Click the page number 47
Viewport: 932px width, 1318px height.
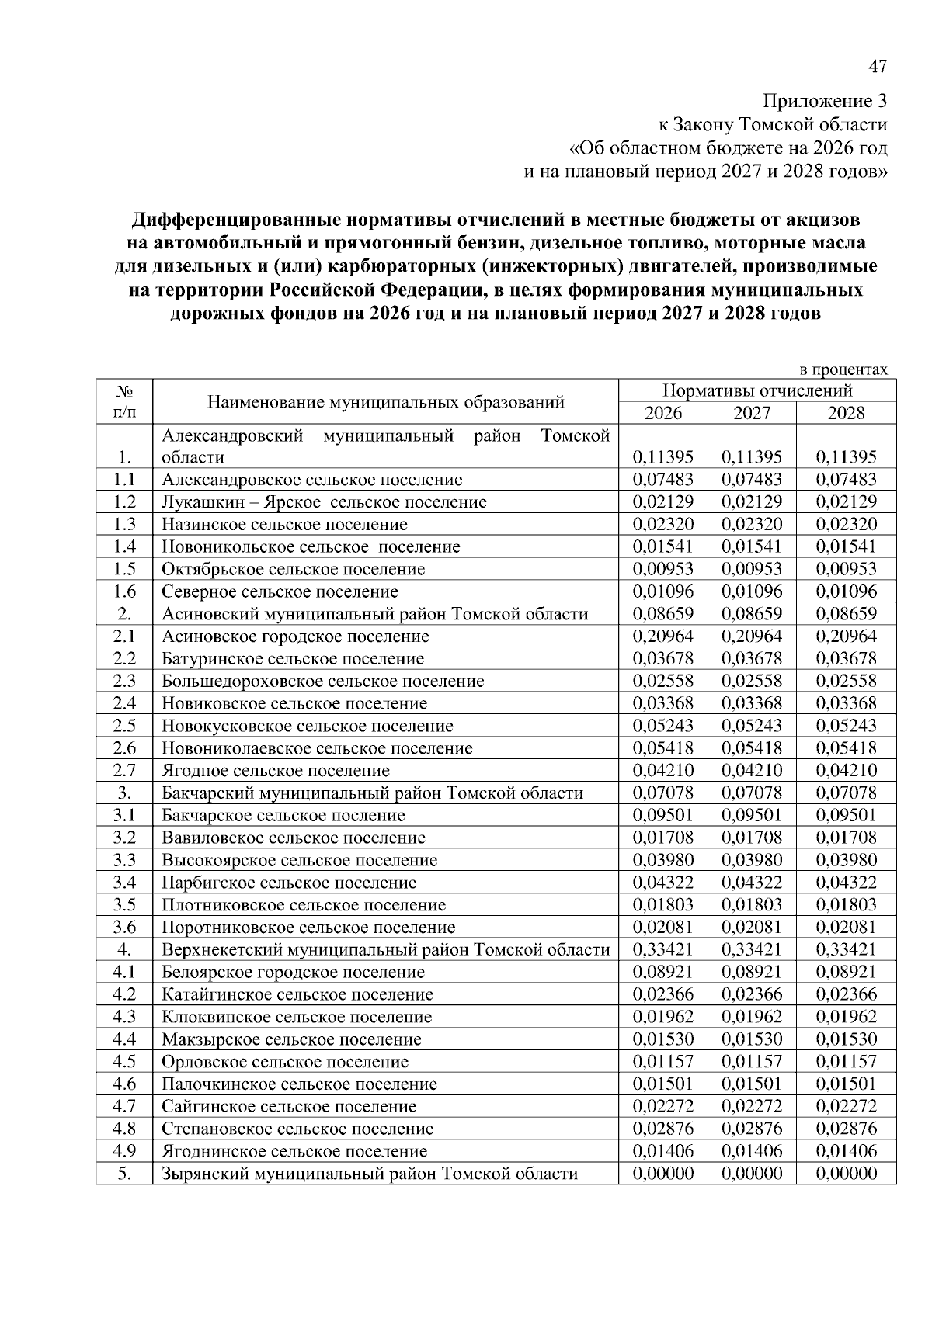coord(877,68)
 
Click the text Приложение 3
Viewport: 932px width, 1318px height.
coord(824,101)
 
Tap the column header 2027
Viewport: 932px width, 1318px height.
coord(751,412)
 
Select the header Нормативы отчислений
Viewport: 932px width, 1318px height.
coord(757,390)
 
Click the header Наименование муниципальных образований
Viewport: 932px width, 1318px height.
coord(385,402)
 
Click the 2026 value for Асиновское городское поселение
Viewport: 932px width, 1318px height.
coord(662,636)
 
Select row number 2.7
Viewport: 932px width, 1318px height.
coord(124,771)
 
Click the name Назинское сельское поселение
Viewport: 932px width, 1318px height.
coord(284,525)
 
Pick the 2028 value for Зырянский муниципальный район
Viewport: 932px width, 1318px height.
coord(846,1174)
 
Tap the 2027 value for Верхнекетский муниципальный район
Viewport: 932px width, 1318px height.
coord(751,949)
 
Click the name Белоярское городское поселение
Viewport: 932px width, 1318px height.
coord(294,972)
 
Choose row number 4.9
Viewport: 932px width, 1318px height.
coord(124,1151)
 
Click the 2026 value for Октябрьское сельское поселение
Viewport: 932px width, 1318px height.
coord(662,569)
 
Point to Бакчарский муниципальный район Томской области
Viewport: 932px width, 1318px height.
coord(372,793)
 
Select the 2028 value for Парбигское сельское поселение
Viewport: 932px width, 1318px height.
coord(846,883)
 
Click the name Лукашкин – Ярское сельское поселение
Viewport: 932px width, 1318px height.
coord(324,502)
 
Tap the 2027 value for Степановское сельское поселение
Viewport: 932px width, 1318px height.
coord(751,1129)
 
